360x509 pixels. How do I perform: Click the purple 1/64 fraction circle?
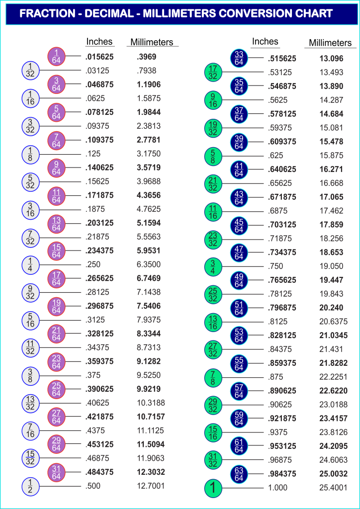[x=56, y=57]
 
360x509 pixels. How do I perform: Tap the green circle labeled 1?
[x=213, y=488]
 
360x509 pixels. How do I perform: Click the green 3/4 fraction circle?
[x=213, y=266]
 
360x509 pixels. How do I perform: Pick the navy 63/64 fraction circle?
[x=239, y=474]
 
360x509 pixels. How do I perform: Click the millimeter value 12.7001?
[x=151, y=486]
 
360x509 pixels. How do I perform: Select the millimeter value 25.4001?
[x=333, y=488]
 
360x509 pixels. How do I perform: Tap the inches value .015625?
[x=99, y=57]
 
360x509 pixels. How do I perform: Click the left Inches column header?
[x=99, y=42]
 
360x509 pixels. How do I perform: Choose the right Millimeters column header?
[x=330, y=43]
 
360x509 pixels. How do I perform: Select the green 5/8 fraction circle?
[x=213, y=156]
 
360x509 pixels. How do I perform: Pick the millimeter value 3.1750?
[x=150, y=154]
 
